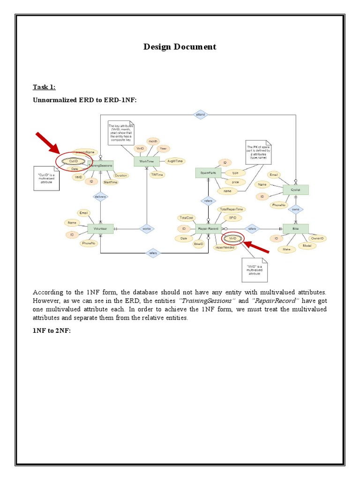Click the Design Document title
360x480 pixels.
(x=180, y=46)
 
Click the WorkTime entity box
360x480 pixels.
(x=147, y=161)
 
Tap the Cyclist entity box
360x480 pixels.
(x=296, y=189)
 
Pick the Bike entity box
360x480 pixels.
(x=295, y=229)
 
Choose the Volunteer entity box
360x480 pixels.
(x=100, y=229)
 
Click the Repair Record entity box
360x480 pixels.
(x=208, y=229)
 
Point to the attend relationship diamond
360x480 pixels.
(x=200, y=114)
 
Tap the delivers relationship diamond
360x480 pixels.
(x=100, y=197)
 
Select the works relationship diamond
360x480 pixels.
(x=147, y=229)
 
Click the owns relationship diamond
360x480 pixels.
(x=295, y=209)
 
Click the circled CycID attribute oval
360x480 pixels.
(x=73, y=161)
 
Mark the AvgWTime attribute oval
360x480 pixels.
(x=175, y=161)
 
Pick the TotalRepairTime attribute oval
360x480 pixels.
(x=231, y=209)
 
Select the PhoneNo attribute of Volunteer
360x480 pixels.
(x=88, y=243)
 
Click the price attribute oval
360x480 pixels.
(x=235, y=181)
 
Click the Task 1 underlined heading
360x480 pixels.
(x=44, y=87)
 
